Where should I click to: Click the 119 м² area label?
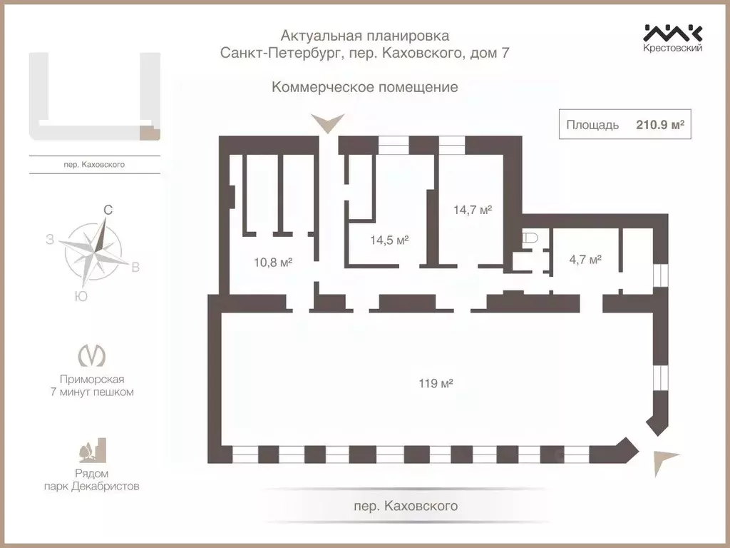point(436,383)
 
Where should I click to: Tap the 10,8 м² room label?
point(273,262)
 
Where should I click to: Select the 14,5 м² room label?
point(389,240)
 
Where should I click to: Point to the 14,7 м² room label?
point(473,210)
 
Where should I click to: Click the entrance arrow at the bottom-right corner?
point(664,461)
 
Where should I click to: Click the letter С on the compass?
point(108,210)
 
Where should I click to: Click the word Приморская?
point(97,380)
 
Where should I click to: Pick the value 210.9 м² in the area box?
point(660,125)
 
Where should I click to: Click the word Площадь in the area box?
point(592,125)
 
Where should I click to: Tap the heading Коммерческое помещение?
point(364,88)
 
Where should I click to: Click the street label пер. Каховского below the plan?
point(406,506)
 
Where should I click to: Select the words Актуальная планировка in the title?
point(365,35)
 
